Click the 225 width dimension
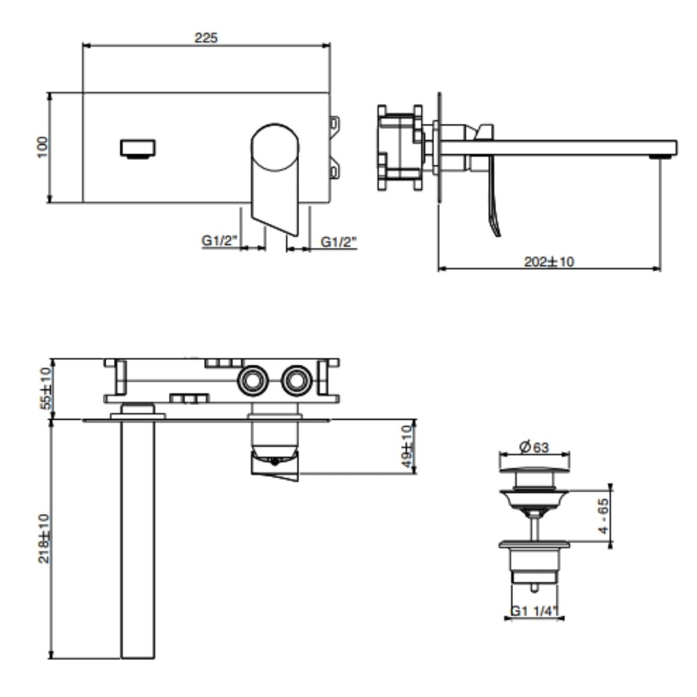pos(206,38)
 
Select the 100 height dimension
pos(42,148)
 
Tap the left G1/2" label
pos(219,241)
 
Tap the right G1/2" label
pos(339,241)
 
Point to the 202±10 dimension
pos(549,261)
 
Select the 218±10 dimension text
pos(44,538)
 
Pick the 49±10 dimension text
pos(408,447)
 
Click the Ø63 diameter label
pos(534,447)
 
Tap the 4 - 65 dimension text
pos(603,515)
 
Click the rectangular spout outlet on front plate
pos(138,148)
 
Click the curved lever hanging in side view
pos(492,207)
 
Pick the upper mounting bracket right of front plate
pos(335,124)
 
